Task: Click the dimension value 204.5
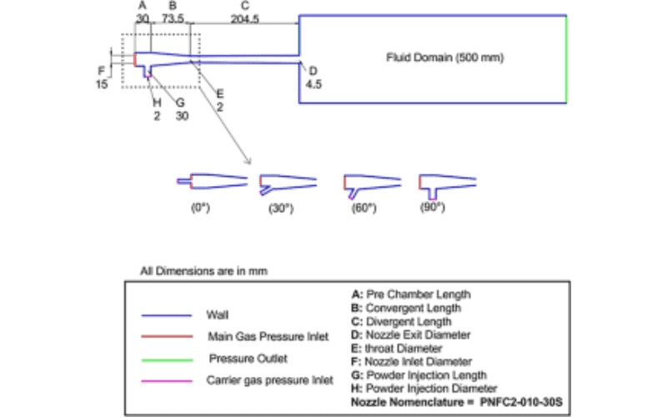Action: (x=243, y=17)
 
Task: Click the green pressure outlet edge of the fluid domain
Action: (x=567, y=58)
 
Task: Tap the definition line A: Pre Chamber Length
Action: (x=413, y=294)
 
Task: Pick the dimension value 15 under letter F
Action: (x=101, y=84)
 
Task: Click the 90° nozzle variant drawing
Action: (x=447, y=183)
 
